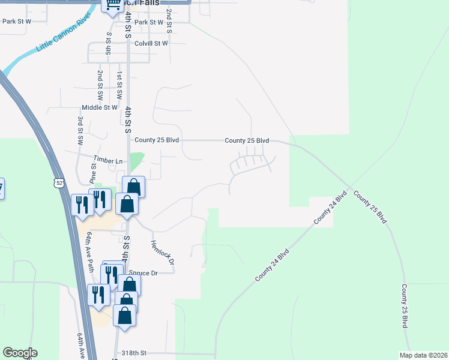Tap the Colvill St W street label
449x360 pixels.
pyautogui.click(x=151, y=43)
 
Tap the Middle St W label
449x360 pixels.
pyautogui.click(x=100, y=108)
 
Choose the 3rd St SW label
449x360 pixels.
pyautogui.click(x=80, y=130)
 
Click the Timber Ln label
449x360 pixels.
pyautogui.click(x=107, y=161)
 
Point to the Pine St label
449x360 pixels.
pyautogui.click(x=93, y=175)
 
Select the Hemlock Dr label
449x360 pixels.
pyautogui.click(x=162, y=253)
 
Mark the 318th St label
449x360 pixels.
pyautogui.click(x=134, y=353)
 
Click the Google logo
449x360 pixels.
pyautogui.click(x=20, y=353)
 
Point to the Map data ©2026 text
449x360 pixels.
pyautogui.click(x=423, y=355)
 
